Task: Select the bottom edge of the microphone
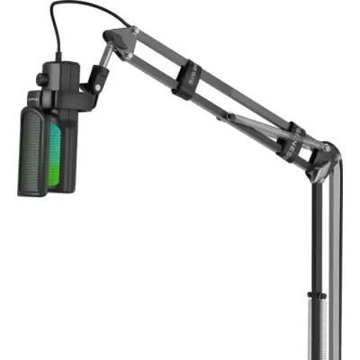coord(45,193)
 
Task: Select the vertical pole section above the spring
coord(317,234)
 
